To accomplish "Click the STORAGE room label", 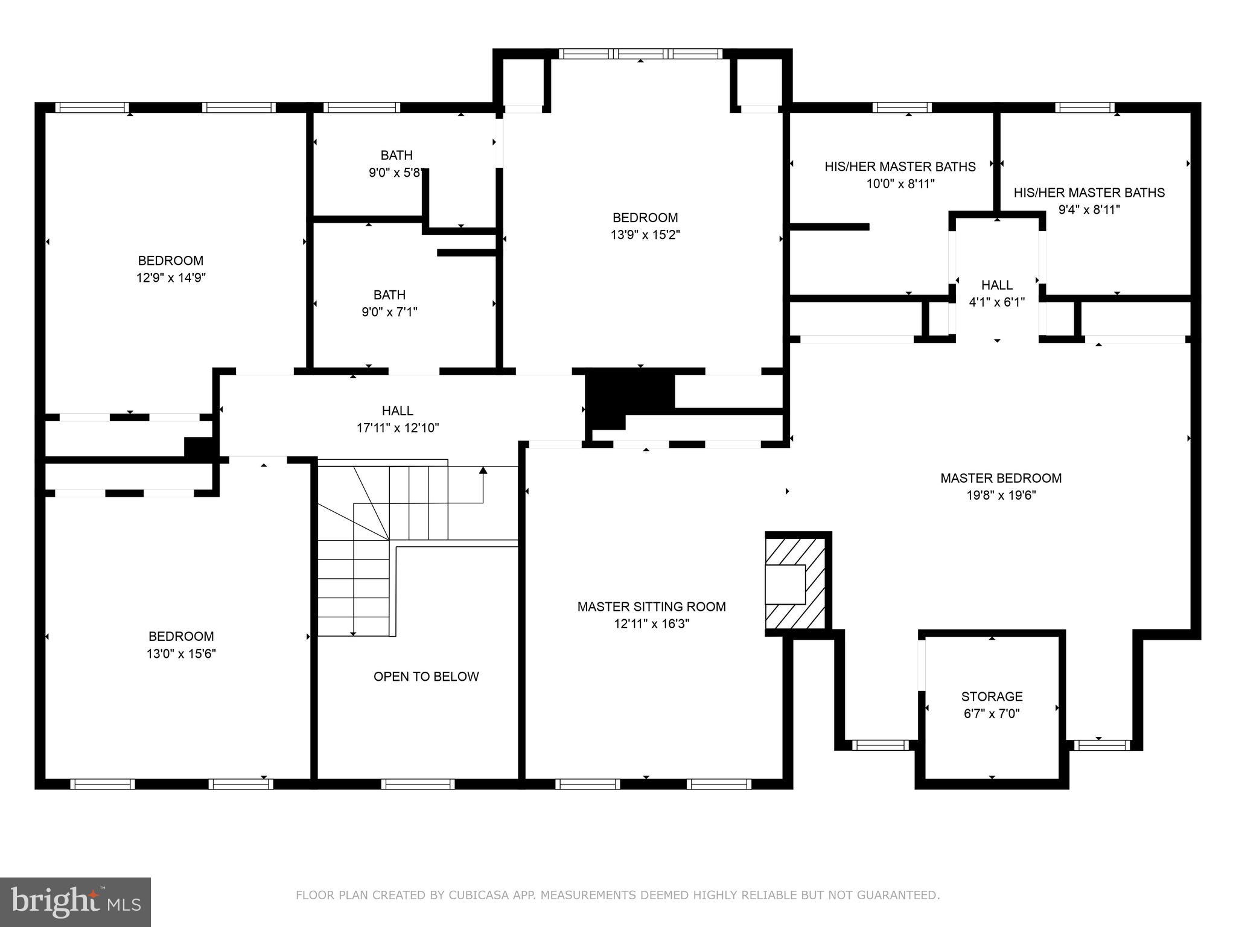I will pos(992,696).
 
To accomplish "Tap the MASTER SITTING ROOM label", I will pos(651,607).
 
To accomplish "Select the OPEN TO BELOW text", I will pos(426,677).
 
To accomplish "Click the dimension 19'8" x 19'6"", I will pos(1001,495).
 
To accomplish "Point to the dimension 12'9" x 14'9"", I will pos(171,278).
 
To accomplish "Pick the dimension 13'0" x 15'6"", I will pos(181,654).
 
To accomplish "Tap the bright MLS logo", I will pos(75,902).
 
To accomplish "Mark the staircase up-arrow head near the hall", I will pos(483,470).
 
